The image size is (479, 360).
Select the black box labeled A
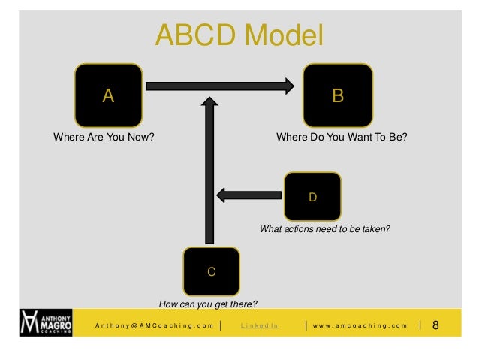click(108, 95)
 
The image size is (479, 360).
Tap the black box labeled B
click(338, 95)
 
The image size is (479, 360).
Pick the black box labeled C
click(211, 271)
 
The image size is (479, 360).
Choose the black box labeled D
click(313, 197)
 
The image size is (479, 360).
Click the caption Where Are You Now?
click(98, 138)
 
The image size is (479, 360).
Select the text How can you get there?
click(208, 304)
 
